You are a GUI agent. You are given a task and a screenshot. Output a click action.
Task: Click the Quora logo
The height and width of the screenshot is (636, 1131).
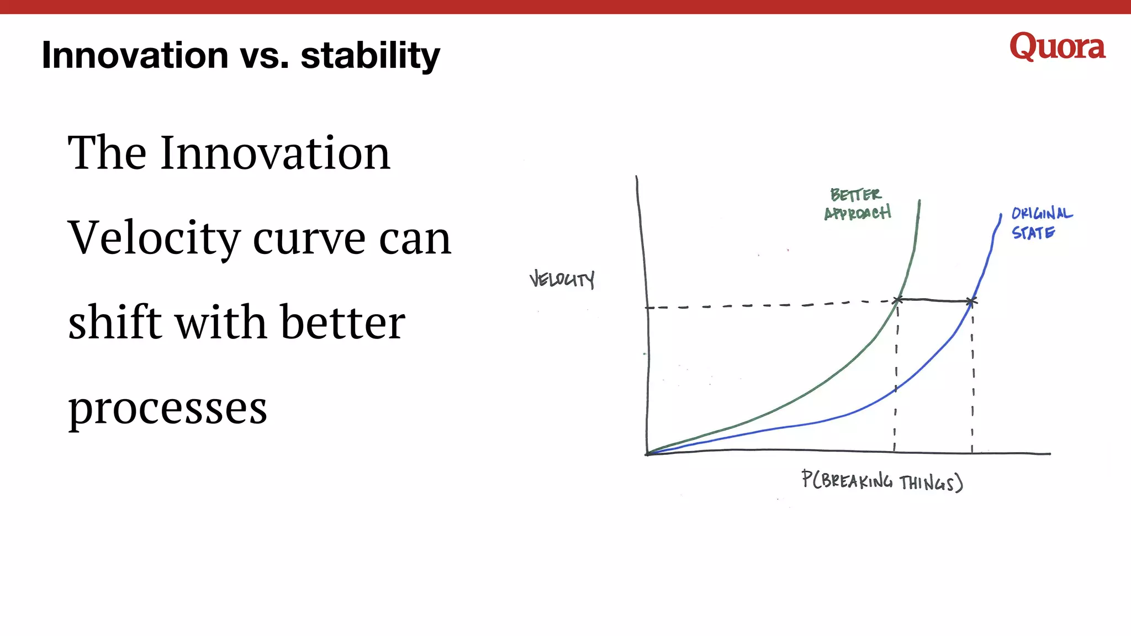[1057, 47]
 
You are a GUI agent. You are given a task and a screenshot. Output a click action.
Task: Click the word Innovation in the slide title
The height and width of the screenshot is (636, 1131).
[135, 55]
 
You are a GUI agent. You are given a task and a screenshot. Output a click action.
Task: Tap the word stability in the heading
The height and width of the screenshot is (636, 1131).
[370, 55]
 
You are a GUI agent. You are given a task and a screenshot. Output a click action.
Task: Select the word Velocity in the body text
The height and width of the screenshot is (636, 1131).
[154, 239]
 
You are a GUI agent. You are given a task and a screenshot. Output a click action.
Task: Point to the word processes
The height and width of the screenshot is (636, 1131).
[167, 409]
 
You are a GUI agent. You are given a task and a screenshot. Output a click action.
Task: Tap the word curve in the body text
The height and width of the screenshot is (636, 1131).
[309, 239]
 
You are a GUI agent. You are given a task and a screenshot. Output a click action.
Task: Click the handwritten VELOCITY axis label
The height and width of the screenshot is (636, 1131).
[562, 279]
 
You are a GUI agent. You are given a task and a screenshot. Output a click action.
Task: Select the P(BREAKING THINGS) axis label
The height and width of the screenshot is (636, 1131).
[882, 481]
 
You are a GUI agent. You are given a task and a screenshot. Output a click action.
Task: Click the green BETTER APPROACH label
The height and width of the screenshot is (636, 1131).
[857, 204]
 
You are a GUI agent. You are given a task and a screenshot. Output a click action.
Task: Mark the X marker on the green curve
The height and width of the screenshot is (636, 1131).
[898, 300]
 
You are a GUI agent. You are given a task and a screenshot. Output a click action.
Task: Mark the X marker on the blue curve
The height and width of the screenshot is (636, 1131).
[971, 301]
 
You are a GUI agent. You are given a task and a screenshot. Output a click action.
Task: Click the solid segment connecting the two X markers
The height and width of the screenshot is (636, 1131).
[934, 300]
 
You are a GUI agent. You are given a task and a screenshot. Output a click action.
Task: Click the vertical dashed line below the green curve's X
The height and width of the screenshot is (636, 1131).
[896, 375]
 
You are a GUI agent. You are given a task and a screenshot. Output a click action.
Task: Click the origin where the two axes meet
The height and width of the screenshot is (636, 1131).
[647, 454]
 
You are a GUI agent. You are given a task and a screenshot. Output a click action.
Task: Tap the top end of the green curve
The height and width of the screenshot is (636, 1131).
[919, 202]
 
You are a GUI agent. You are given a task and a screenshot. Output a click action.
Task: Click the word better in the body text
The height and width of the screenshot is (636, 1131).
[342, 322]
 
